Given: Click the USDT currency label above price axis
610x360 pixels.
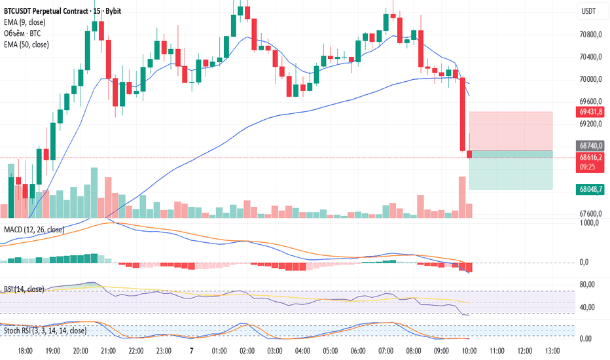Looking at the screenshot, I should coord(589,11).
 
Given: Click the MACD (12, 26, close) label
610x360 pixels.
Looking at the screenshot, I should coord(34,230).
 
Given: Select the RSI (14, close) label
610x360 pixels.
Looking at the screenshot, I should coord(24,289).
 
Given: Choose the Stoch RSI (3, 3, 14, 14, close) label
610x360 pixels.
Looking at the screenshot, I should coord(45,331).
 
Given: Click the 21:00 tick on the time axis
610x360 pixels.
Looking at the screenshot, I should coord(108,351).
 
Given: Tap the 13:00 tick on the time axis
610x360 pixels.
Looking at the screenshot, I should coord(551,351).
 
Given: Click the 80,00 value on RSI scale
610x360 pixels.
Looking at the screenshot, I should coord(587,284).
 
